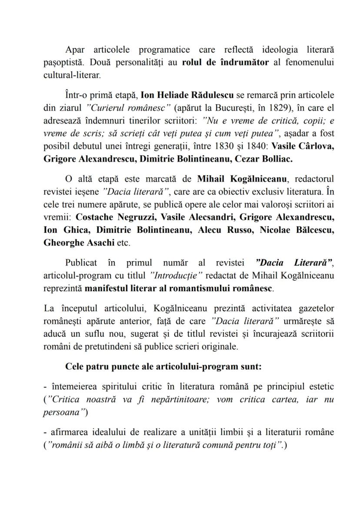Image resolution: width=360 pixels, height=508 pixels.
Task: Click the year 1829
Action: (284, 107)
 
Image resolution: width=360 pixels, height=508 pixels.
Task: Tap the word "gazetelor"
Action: (313, 309)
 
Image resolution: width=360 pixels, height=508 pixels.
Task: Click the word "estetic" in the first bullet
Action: (319, 387)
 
